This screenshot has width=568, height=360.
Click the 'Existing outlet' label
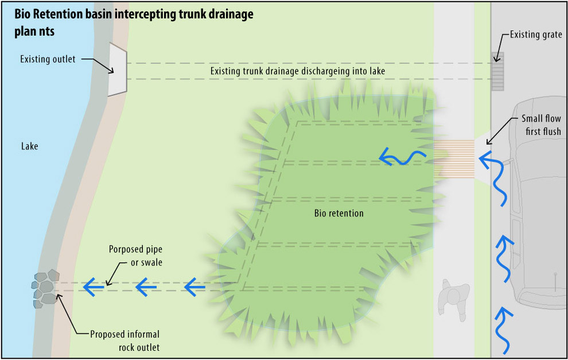pyautogui.click(x=48, y=59)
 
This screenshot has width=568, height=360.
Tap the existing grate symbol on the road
pyautogui.click(x=497, y=71)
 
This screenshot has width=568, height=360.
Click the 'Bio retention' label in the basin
pyautogui.click(x=339, y=214)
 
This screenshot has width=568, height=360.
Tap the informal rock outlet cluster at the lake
pyautogui.click(x=45, y=288)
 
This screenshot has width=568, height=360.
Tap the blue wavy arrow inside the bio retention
pyautogui.click(x=402, y=156)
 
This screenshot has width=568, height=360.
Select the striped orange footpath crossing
pyautogui.click(x=454, y=158)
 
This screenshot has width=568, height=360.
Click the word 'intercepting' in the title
pyautogui.click(x=160, y=16)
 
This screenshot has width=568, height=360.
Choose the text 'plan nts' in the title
pyautogui.click(x=34, y=32)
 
